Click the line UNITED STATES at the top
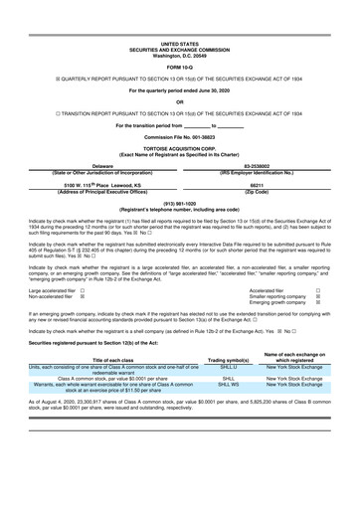pos(179,45)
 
